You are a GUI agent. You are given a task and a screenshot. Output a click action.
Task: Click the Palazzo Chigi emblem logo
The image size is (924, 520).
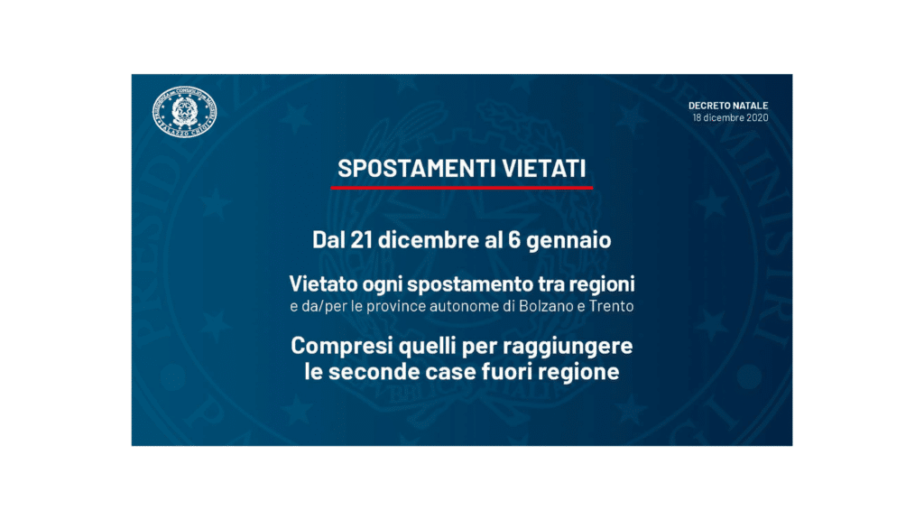(x=184, y=111)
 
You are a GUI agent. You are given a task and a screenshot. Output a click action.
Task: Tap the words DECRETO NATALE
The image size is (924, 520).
(x=728, y=106)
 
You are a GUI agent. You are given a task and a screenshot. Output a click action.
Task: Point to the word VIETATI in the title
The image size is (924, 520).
(x=544, y=169)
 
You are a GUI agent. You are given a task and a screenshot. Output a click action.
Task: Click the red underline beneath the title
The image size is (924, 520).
(x=461, y=188)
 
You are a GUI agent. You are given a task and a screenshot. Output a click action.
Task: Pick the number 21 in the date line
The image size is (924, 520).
(x=361, y=240)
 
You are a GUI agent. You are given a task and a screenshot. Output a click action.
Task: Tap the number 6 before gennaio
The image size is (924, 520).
(x=513, y=240)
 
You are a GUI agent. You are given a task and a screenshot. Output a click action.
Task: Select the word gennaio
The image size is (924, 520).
(x=568, y=241)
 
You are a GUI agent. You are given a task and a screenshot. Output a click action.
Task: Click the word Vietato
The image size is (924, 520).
(x=324, y=284)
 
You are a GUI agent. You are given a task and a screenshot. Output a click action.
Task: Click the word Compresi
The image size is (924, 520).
(x=342, y=346)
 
